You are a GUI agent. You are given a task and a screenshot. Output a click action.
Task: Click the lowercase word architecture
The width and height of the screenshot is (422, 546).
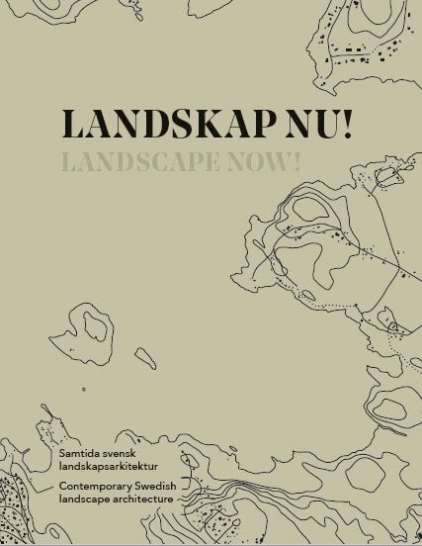[x=143, y=500]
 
